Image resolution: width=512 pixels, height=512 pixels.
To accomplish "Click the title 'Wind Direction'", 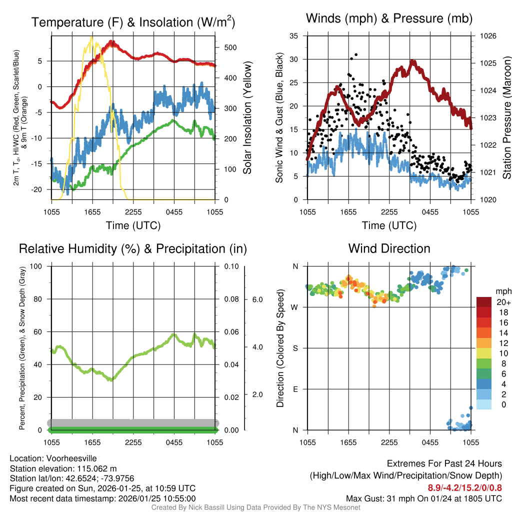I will pyautogui.click(x=389, y=248).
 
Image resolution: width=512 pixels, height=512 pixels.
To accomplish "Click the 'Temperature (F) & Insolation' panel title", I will pyautogui.click(x=133, y=22).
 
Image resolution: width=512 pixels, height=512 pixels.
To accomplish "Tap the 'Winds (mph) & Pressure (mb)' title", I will pyautogui.click(x=389, y=19).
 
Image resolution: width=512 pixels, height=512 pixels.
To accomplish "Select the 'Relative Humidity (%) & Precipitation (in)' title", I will pyautogui.click(x=133, y=248).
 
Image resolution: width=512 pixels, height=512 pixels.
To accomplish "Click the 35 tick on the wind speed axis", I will pyautogui.click(x=294, y=36).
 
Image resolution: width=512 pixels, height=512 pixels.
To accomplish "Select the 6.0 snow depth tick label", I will pyautogui.click(x=256, y=299).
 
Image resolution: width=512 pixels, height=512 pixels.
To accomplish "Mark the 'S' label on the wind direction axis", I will pyautogui.click(x=295, y=348).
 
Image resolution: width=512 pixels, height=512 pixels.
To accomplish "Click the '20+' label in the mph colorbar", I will pyautogui.click(x=502, y=302).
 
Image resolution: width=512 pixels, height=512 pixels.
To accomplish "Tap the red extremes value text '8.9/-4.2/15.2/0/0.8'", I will pyautogui.click(x=464, y=487).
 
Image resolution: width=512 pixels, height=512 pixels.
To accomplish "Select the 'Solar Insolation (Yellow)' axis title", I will pyautogui.click(x=247, y=118).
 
